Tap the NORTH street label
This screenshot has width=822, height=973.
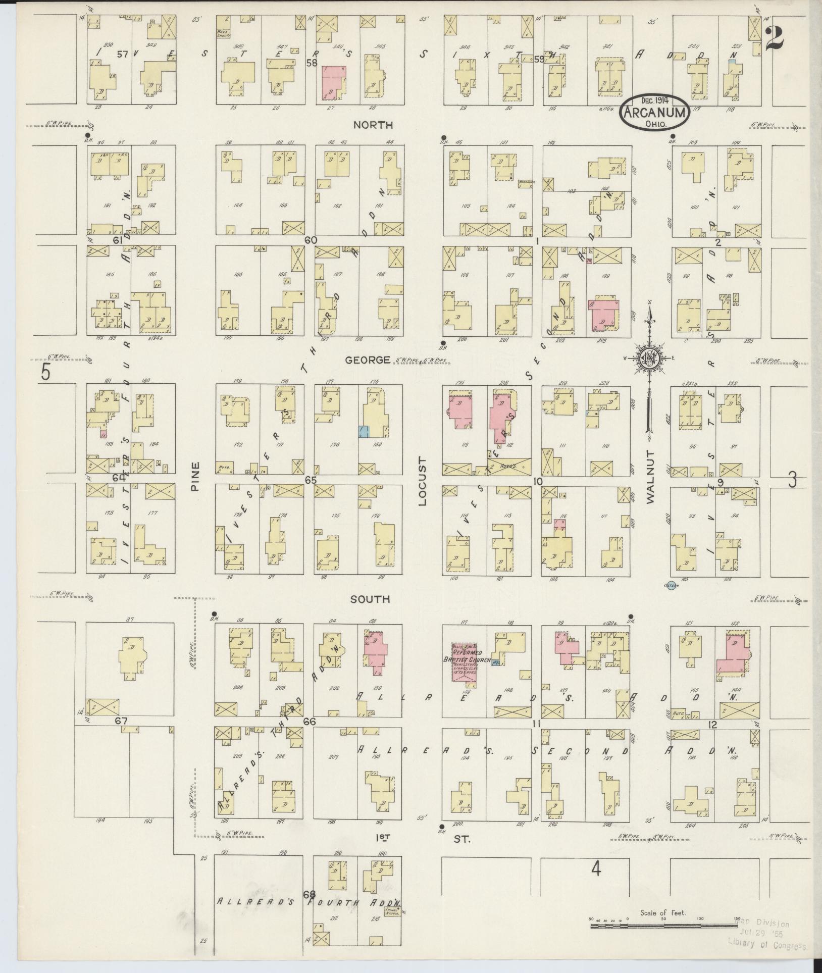373,125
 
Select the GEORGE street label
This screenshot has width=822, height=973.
368,360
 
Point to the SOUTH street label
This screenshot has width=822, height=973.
371,599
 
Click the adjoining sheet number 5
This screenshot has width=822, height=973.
46,373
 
